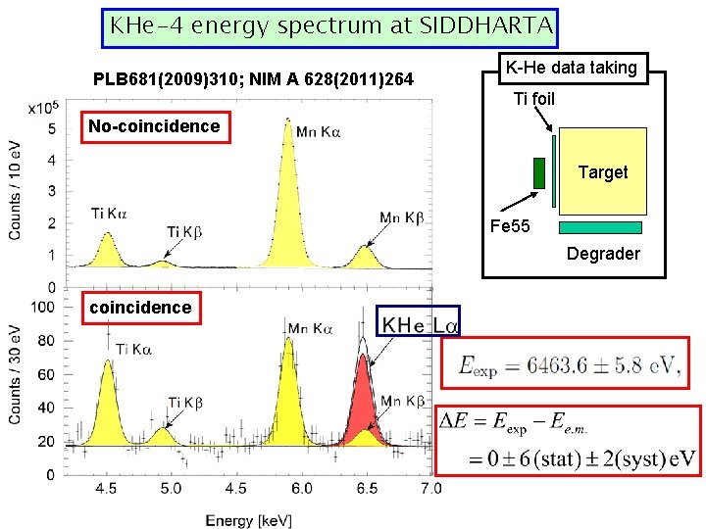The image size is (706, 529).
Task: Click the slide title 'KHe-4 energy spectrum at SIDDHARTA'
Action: click(x=330, y=26)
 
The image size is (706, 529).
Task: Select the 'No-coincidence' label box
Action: click(x=154, y=126)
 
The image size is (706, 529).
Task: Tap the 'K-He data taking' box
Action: click(x=570, y=68)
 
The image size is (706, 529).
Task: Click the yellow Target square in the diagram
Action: click(x=603, y=171)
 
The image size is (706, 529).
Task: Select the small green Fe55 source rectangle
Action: click(x=538, y=172)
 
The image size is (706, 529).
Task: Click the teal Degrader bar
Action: click(x=600, y=227)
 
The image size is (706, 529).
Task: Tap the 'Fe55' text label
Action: click(x=509, y=227)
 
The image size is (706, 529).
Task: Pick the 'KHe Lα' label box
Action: click(x=422, y=321)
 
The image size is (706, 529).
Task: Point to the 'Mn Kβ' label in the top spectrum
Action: click(x=401, y=217)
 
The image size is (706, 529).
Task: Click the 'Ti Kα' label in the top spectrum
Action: click(x=109, y=213)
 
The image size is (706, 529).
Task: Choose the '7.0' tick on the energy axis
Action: click(x=429, y=488)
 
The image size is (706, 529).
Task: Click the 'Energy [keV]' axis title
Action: click(x=248, y=520)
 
